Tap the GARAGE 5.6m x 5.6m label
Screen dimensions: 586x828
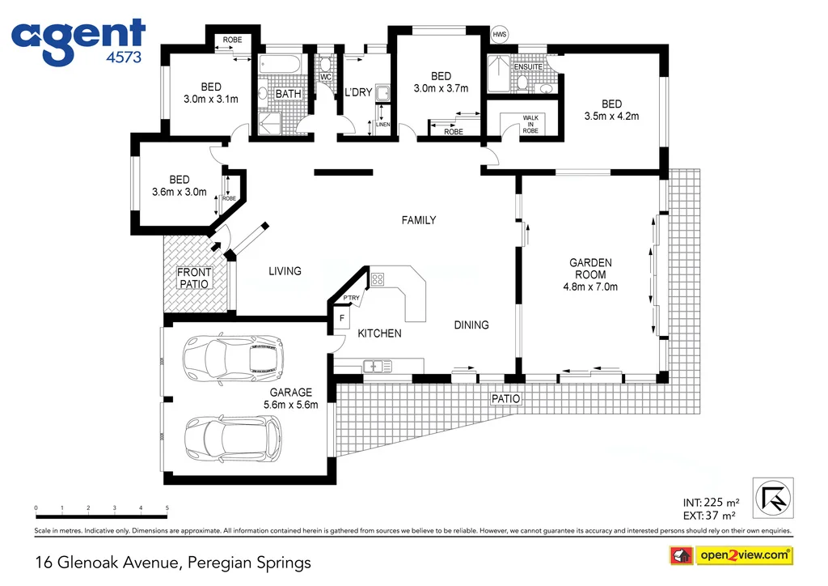click(x=290, y=398)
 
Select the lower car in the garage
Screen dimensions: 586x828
click(x=233, y=437)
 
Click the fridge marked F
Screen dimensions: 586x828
click(x=341, y=319)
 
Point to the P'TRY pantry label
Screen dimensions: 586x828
click(x=351, y=299)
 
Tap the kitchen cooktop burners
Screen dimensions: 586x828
click(x=378, y=280)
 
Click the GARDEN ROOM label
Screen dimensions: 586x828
click(x=590, y=274)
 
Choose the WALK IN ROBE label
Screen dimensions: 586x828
click(x=530, y=124)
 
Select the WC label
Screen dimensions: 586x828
click(x=326, y=78)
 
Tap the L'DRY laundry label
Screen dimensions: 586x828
click(x=358, y=92)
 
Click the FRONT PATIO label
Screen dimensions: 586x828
click(x=194, y=278)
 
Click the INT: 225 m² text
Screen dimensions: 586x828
click(x=711, y=502)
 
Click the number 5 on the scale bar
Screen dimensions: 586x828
click(x=167, y=508)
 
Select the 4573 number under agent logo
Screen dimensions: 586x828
click(x=125, y=57)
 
